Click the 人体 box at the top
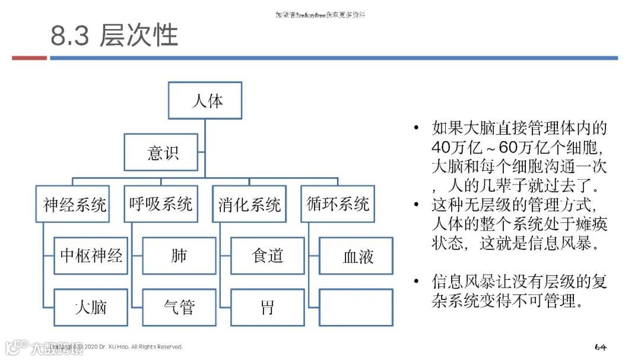click(205, 101)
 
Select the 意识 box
click(161, 152)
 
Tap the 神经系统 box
click(73, 205)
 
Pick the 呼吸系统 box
click(161, 205)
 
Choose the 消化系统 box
click(249, 205)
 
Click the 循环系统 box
click(338, 205)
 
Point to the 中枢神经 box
click(91, 256)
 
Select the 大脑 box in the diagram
click(91, 307)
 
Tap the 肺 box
click(179, 256)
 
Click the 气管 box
click(179, 307)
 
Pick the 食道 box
click(267, 256)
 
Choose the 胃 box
click(267, 307)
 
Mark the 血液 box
click(356, 256)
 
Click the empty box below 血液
click(356, 307)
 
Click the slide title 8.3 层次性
click(114, 36)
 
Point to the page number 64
click(600, 346)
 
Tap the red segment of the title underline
click(29, 58)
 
